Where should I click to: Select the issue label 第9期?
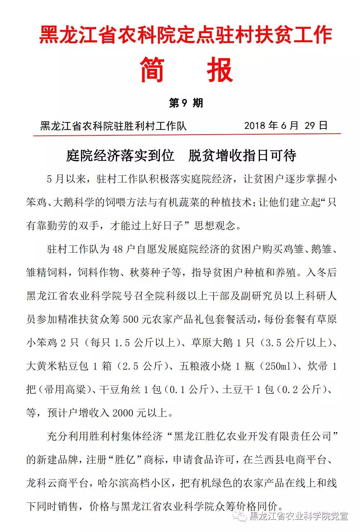186,103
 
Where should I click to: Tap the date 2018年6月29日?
286,125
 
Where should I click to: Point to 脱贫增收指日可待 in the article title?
242,155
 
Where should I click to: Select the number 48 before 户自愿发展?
118,249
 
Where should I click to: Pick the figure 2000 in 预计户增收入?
122,413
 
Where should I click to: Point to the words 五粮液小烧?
206,366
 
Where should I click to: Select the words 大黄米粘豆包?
57,366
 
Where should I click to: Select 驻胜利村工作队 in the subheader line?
150,126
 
